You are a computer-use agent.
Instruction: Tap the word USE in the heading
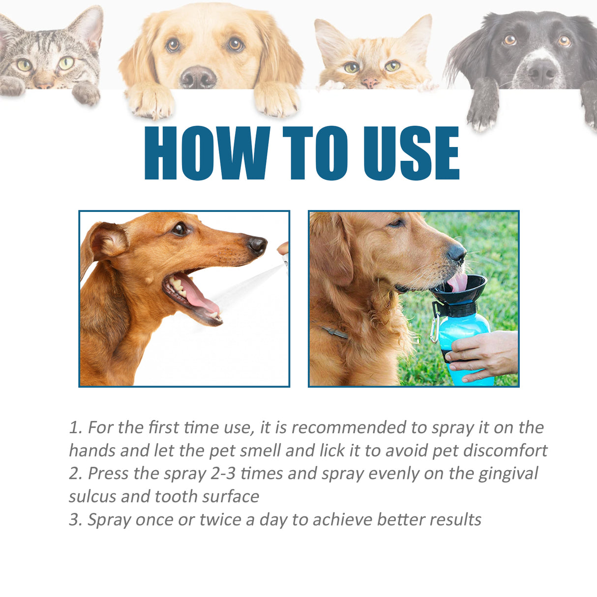pyautogui.click(x=411, y=153)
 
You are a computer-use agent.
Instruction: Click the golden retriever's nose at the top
pyautogui.click(x=198, y=78)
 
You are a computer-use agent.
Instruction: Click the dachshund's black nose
pyautogui.click(x=257, y=244)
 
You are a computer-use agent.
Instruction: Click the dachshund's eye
pyautogui.click(x=180, y=229)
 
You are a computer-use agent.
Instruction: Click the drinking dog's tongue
pyautogui.click(x=458, y=283)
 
